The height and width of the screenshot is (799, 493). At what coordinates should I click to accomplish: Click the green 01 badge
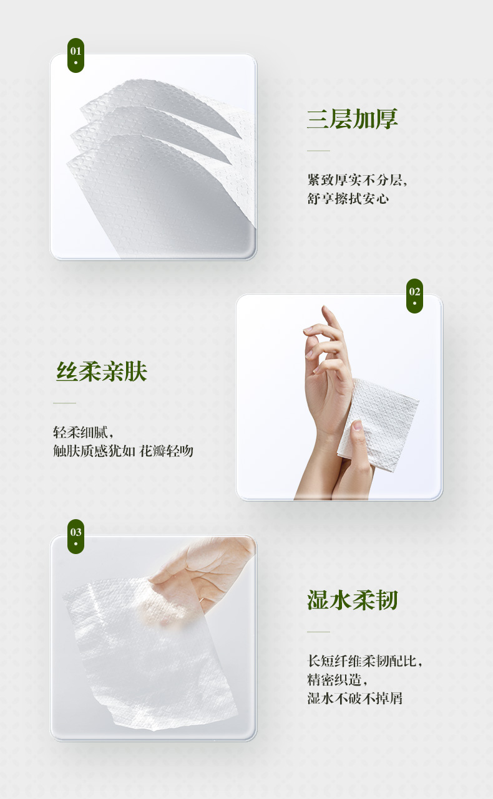pyautogui.click(x=76, y=55)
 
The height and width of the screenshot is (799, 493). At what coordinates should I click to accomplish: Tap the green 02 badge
pyautogui.click(x=414, y=296)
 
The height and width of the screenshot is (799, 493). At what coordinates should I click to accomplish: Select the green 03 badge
pyautogui.click(x=76, y=537)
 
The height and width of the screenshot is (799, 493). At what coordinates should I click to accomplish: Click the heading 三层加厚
pyautogui.click(x=352, y=119)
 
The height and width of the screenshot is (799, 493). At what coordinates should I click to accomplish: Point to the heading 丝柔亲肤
pyautogui.click(x=102, y=371)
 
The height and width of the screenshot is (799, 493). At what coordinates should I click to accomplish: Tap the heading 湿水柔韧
pyautogui.click(x=352, y=600)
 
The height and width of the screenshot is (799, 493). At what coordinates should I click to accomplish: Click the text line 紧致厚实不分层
pyautogui.click(x=356, y=179)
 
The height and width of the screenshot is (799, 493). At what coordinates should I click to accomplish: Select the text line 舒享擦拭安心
pyautogui.click(x=348, y=198)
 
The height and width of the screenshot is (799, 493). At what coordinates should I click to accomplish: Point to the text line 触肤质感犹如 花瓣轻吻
pyautogui.click(x=123, y=451)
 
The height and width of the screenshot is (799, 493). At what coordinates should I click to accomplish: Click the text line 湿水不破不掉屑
pyautogui.click(x=354, y=698)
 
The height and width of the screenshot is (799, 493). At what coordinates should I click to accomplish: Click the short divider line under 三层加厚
pyautogui.click(x=318, y=151)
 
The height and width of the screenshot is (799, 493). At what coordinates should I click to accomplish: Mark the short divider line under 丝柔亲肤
pyautogui.click(x=64, y=403)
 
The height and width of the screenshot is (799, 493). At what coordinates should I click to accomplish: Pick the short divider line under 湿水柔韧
pyautogui.click(x=318, y=632)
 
